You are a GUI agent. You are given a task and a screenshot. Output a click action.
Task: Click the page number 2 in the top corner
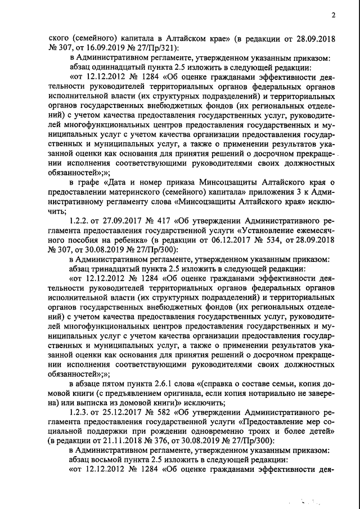[x=332, y=15]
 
